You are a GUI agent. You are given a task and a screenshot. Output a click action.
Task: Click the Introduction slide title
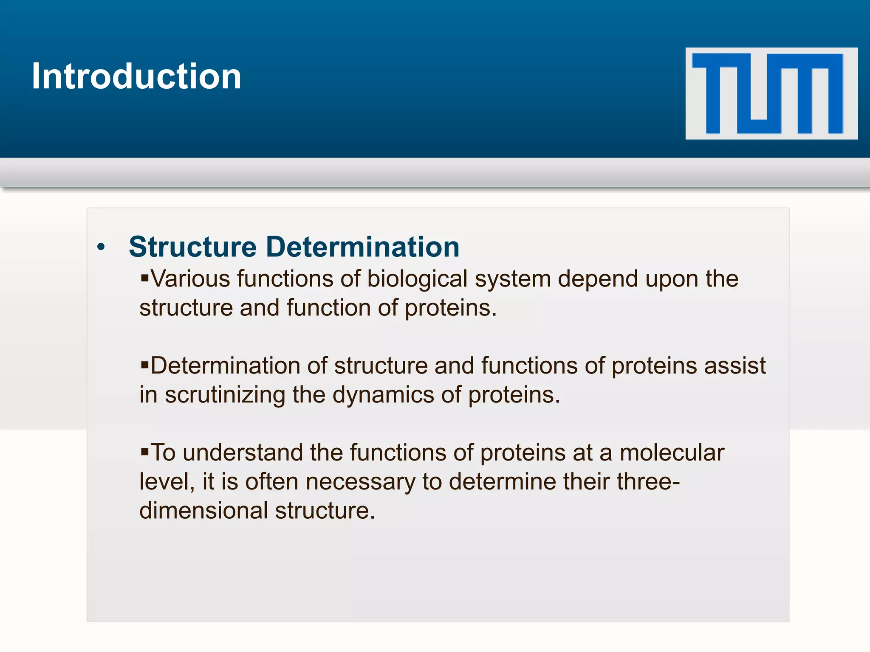pyautogui.click(x=136, y=76)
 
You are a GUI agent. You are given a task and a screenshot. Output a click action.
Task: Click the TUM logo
pyautogui.click(x=771, y=93)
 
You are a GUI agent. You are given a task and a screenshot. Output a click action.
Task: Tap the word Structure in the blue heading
pyautogui.click(x=192, y=247)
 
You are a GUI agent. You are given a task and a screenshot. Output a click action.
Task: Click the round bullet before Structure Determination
pyautogui.click(x=101, y=247)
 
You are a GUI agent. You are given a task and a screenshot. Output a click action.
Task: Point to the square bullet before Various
pyautogui.click(x=145, y=278)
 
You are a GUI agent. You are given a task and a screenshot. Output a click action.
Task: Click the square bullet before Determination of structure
pyautogui.click(x=145, y=365)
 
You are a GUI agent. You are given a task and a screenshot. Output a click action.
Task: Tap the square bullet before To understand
pyautogui.click(x=145, y=452)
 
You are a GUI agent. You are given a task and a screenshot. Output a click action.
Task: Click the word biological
pyautogui.click(x=417, y=280)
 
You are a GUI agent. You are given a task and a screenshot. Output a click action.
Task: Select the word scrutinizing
pyautogui.click(x=225, y=395)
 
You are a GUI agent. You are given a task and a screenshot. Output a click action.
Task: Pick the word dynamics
pyautogui.click(x=383, y=395)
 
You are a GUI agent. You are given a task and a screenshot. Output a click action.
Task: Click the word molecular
pyautogui.click(x=672, y=452)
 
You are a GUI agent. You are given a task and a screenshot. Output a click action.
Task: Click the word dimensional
pyautogui.click(x=203, y=511)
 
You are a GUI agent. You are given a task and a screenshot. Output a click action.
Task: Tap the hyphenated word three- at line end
pyautogui.click(x=648, y=482)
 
